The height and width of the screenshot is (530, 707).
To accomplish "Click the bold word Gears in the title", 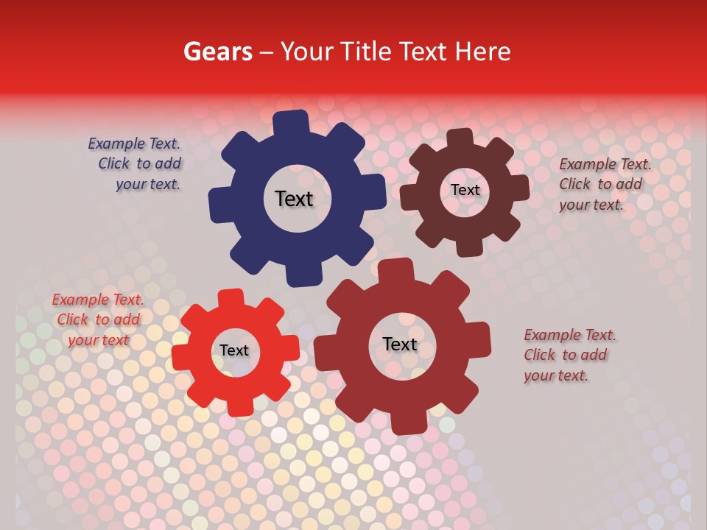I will tap(218, 52).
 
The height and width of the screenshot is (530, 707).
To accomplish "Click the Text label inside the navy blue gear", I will tap(294, 199).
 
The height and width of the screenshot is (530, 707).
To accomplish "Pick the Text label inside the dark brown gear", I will tap(465, 190).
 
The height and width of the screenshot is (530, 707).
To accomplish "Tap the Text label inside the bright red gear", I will tap(234, 350).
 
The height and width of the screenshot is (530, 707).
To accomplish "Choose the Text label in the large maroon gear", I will tap(400, 344).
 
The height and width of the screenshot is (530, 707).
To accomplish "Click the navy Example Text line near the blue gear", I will tap(134, 144).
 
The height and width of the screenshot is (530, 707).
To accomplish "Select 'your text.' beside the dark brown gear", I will tap(591, 205).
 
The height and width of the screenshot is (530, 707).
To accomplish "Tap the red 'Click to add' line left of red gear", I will tap(98, 319).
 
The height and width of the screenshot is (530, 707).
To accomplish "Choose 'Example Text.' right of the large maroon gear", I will tap(570, 335).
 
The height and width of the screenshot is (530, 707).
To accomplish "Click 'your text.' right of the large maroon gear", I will tap(556, 375).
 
